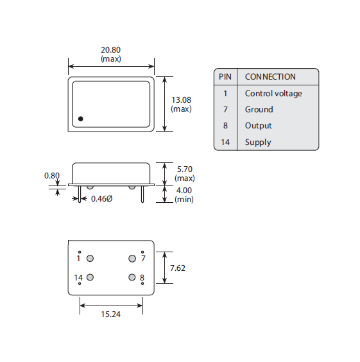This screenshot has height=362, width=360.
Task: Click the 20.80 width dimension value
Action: (111, 50)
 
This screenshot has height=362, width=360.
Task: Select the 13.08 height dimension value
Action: (182, 100)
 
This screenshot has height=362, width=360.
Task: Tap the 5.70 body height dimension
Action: (184, 169)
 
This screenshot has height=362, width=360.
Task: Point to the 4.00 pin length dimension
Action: (184, 191)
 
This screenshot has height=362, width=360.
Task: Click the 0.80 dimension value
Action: (52, 175)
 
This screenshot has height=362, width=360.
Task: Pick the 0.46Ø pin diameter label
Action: (101, 198)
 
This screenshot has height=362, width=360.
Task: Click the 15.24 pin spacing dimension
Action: (111, 315)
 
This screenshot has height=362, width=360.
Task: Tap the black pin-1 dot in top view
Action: (81, 119)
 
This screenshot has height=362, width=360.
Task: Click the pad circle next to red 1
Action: (90, 259)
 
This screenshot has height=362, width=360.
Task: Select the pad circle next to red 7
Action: (132, 259)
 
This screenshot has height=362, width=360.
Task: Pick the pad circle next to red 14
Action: (90, 277)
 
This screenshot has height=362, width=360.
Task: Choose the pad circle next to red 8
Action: (132, 277)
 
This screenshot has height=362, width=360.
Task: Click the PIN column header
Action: (225, 76)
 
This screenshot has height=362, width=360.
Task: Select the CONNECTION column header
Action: (270, 76)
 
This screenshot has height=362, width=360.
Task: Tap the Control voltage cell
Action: (273, 93)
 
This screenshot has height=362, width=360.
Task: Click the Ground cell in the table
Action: (259, 110)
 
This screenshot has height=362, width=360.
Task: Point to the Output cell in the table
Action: (259, 126)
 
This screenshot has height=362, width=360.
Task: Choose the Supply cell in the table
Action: (258, 142)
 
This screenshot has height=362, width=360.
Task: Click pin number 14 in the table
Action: (225, 142)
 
